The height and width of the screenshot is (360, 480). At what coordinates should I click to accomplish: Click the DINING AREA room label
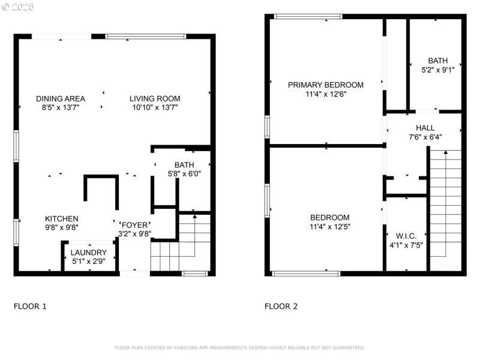pyautogui.click(x=61, y=99)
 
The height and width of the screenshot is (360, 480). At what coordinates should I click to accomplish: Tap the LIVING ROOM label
pyautogui.click(x=155, y=99)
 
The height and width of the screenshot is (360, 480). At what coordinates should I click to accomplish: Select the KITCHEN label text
pyautogui.click(x=62, y=219)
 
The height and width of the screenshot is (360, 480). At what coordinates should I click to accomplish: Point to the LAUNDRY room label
pyautogui.click(x=89, y=253)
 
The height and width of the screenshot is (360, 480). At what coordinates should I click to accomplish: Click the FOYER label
pyautogui.click(x=134, y=225)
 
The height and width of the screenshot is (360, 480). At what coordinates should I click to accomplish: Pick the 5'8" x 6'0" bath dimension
pyautogui.click(x=184, y=174)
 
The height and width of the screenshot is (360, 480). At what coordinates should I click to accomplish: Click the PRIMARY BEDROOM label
pyautogui.click(x=326, y=85)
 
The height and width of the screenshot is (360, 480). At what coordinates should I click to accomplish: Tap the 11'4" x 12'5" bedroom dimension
pyautogui.click(x=330, y=227)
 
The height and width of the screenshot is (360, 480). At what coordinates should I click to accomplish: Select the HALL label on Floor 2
pyautogui.click(x=425, y=128)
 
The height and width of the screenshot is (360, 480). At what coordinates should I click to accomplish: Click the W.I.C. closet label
pyautogui.click(x=406, y=236)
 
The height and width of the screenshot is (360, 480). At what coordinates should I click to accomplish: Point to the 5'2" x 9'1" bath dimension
pyautogui.click(x=438, y=70)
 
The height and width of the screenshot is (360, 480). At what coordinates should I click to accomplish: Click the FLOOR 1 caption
pyautogui.click(x=30, y=307)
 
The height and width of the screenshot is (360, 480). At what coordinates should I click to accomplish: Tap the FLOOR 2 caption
pyautogui.click(x=281, y=307)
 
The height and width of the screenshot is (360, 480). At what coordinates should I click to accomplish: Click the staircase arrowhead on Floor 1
pyautogui.click(x=194, y=217)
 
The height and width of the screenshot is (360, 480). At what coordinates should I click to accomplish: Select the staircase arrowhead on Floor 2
pyautogui.click(x=446, y=152)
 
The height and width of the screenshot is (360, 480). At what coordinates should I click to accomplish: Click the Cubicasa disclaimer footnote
pyautogui.click(x=239, y=347)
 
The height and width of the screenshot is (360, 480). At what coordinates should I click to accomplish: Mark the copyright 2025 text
pyautogui.click(x=18, y=7)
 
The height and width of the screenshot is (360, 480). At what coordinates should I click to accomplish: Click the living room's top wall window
pyautogui.click(x=146, y=37)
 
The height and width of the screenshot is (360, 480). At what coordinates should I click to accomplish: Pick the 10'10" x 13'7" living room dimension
pyautogui.click(x=155, y=107)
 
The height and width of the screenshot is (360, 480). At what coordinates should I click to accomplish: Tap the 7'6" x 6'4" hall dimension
pyautogui.click(x=425, y=137)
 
